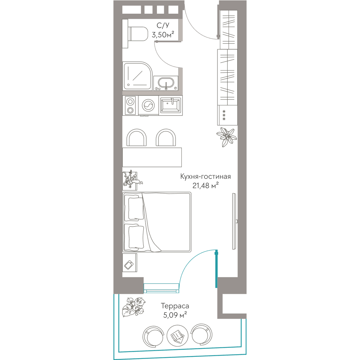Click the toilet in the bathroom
pyautogui.click(x=135, y=34)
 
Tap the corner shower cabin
pyautogui.click(x=137, y=76)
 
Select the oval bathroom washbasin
pyautogui.click(x=166, y=83)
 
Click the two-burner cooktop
pyautogui.click(x=130, y=105)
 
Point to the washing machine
pyautogui.click(x=149, y=105)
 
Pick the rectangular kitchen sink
pyautogui.click(x=171, y=105)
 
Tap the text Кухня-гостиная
pyautogui.click(x=205, y=176)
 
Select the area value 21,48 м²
pyautogui.click(x=205, y=185)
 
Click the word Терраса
pyautogui.click(x=175, y=306)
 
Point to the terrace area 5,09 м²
pyautogui.click(x=175, y=315)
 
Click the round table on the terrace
pyautogui.click(x=177, y=336)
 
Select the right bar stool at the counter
pyautogui.click(x=166, y=138)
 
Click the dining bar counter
pyautogui.click(x=152, y=157)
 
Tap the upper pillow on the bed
pyautogui.click(x=135, y=208)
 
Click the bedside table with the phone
pyautogui.click(x=130, y=263)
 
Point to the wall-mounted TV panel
pyautogui.click(x=234, y=221)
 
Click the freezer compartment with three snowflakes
pyautogui.click(x=227, y=115)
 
